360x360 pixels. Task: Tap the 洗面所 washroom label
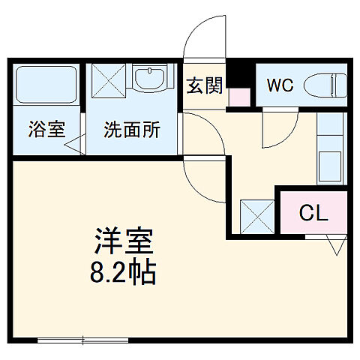132,128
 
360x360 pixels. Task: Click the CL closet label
313,213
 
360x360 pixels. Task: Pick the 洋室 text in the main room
124,242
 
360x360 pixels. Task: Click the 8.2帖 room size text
124,272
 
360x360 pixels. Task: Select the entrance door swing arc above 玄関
202,34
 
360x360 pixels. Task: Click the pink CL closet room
313,213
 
